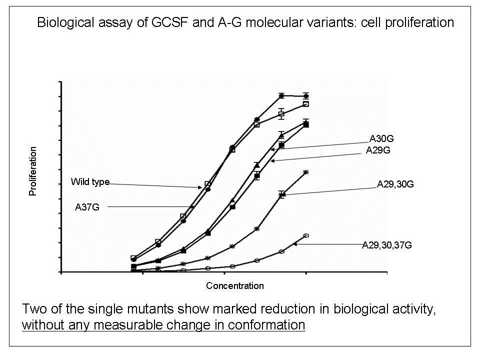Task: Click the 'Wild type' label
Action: click(90, 181)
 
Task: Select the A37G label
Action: click(87, 206)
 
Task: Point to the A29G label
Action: click(378, 149)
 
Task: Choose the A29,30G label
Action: click(395, 184)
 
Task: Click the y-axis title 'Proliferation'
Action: click(33, 171)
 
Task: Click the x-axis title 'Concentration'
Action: click(234, 286)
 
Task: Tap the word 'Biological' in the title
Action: click(62, 23)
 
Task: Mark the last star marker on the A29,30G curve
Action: click(306, 172)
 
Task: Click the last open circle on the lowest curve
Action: click(306, 235)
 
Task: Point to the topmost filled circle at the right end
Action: click(306, 96)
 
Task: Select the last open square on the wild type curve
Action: click(306, 104)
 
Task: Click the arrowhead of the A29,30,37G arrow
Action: click(294, 244)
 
